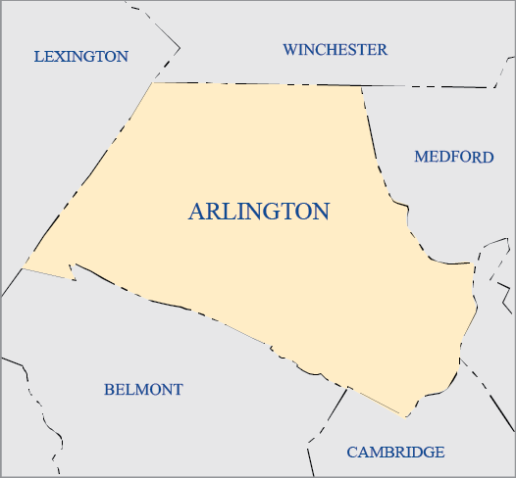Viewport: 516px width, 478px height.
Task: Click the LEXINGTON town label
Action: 81,57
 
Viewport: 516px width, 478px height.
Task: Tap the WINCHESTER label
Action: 335,50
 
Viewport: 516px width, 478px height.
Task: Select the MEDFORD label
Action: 453,157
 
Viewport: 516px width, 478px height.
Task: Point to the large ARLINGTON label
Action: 258,212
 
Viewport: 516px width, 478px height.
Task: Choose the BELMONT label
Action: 143,390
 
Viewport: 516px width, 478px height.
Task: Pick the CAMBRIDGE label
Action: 395,453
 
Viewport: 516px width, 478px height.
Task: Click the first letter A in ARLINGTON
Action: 196,212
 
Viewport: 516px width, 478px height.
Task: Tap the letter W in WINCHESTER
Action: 290,50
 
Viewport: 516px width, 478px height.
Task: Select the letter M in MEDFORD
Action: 421,157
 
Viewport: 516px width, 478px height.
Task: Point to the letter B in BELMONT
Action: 109,390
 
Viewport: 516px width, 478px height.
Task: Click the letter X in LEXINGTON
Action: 62,57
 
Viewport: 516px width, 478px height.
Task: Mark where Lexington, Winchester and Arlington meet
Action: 153,82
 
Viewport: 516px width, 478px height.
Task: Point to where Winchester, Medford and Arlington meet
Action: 361,85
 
